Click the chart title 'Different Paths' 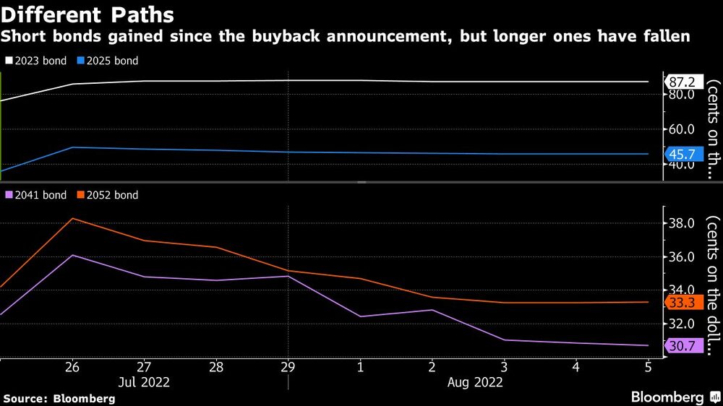click(87, 14)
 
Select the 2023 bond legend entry click(36, 61)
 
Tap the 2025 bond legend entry click(108, 61)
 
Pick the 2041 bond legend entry click(36, 195)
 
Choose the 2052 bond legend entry click(108, 195)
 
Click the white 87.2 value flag click(684, 82)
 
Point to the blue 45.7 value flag click(684, 154)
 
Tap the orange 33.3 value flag click(684, 302)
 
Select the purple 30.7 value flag click(684, 345)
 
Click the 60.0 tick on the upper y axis click(682, 129)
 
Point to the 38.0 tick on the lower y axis click(682, 223)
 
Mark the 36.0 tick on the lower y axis click(682, 256)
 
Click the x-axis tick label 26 click(72, 367)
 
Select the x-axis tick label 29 click(288, 367)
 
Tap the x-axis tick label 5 click(649, 367)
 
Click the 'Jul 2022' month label click(144, 382)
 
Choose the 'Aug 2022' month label click(475, 382)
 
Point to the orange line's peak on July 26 click(72, 218)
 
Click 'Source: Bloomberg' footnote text click(59, 399)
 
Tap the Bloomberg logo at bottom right click(675, 397)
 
